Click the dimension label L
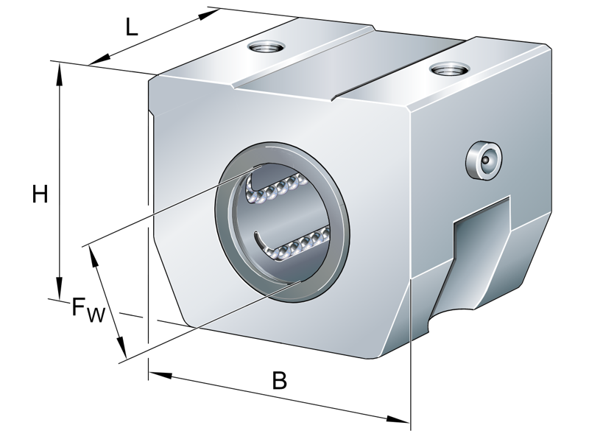(x=130, y=27)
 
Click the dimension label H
(x=40, y=194)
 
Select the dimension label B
(x=279, y=381)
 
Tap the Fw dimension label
(x=88, y=309)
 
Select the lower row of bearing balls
(x=294, y=244)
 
